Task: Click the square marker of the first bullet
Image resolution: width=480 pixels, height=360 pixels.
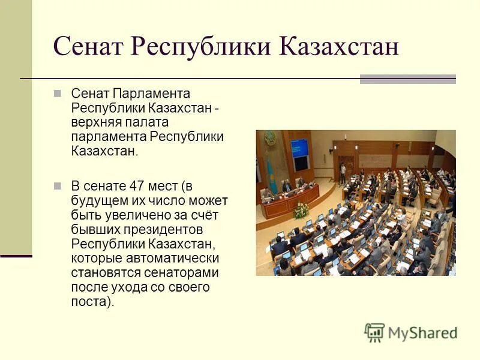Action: [58, 94]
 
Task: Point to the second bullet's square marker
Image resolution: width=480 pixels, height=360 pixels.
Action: [58, 185]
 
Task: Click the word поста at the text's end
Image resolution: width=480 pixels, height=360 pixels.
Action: [89, 302]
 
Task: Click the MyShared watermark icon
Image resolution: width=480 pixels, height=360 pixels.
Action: [374, 332]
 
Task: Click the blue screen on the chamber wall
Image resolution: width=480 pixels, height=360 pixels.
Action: [299, 148]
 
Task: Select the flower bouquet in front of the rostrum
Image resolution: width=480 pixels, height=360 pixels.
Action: [301, 211]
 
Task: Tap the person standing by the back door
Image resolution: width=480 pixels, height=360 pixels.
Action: [343, 173]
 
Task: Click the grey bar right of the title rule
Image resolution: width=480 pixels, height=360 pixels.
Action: [408, 79]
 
